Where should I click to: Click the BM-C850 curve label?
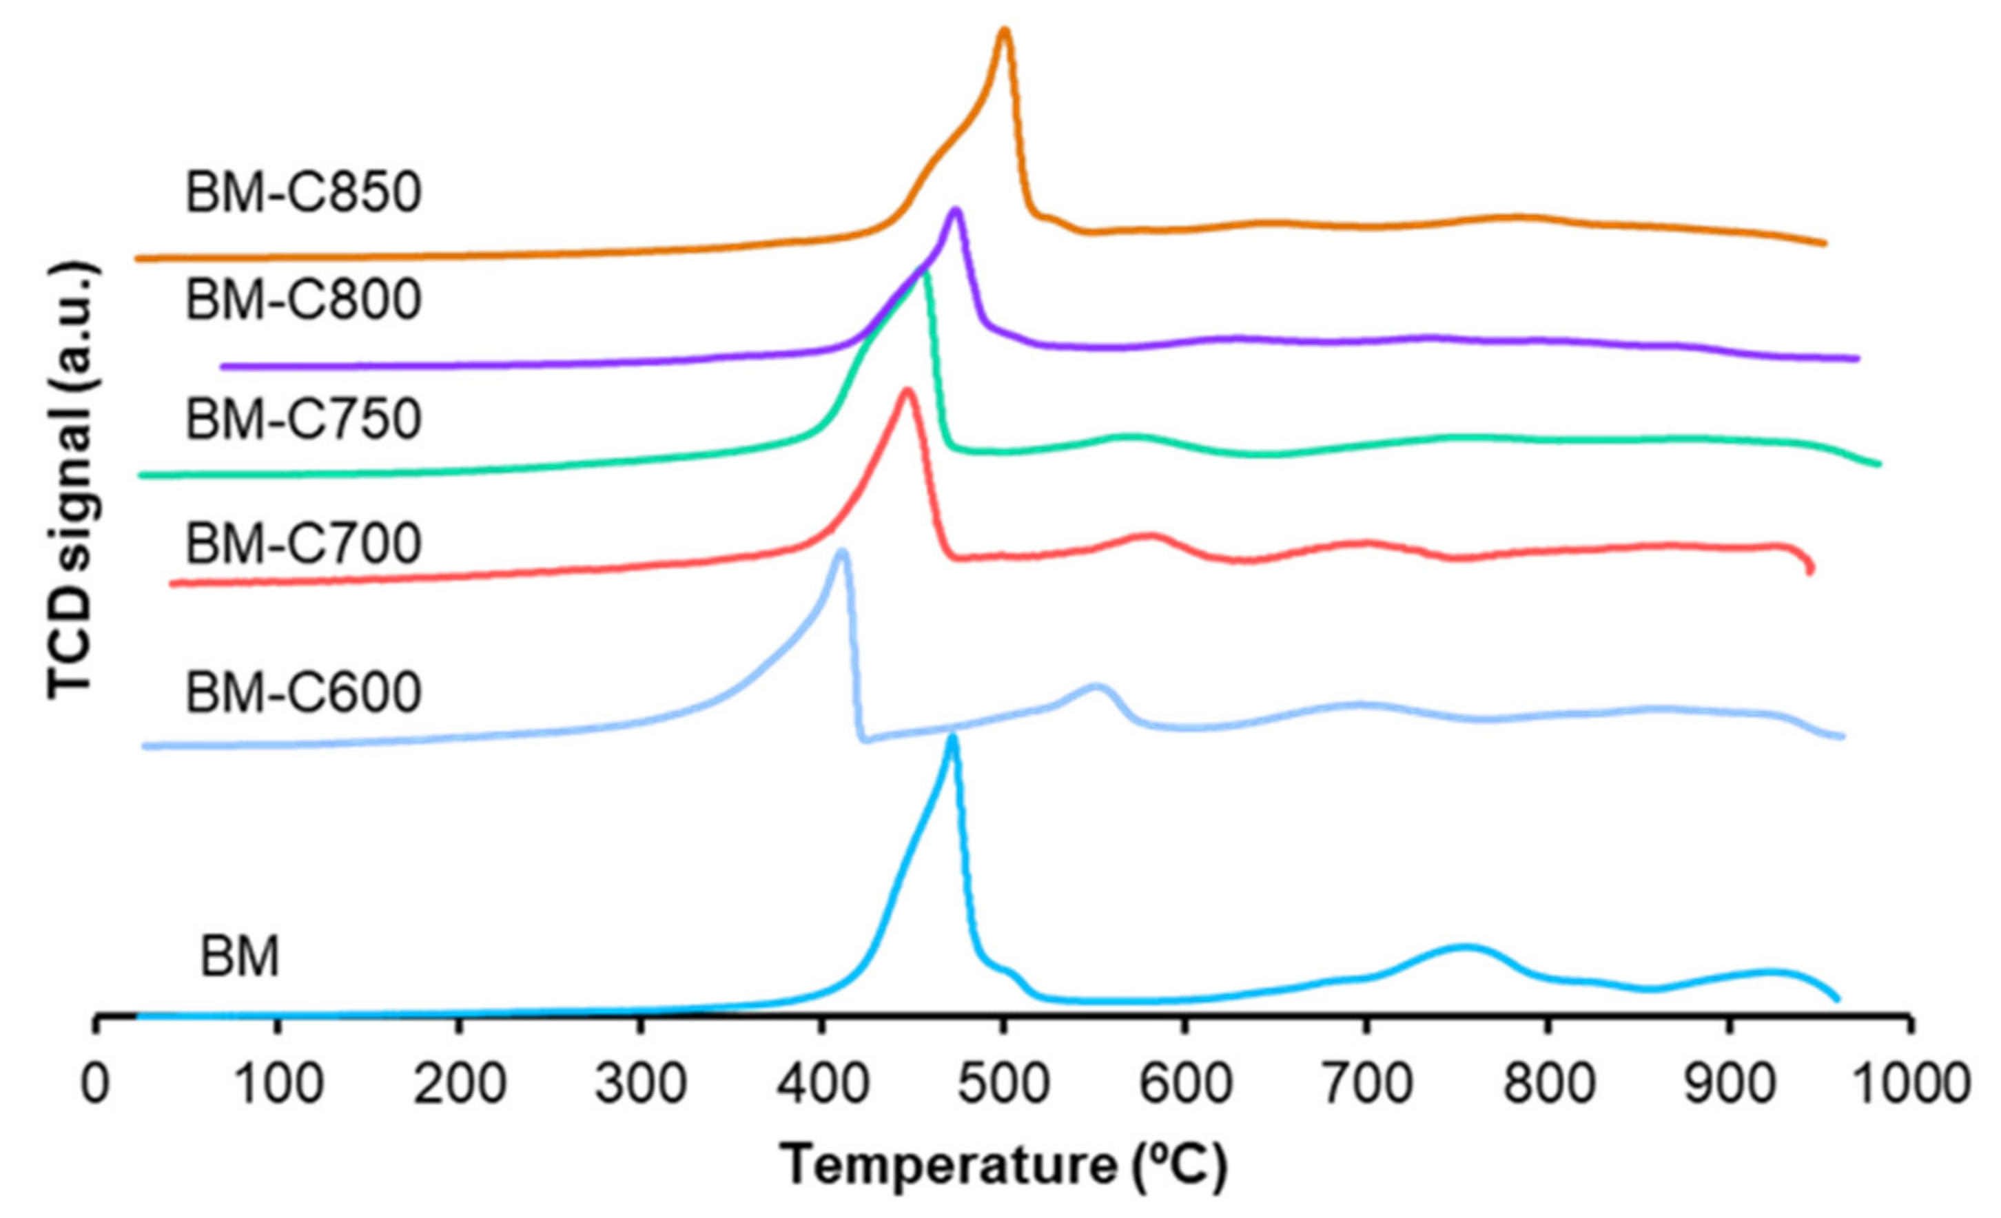[x=303, y=194]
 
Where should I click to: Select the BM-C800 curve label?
[x=303, y=300]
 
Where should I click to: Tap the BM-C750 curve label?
[x=303, y=420]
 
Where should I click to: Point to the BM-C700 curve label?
[x=303, y=544]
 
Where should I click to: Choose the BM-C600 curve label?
[x=303, y=692]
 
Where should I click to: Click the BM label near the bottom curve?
[x=240, y=956]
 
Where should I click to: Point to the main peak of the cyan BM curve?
[x=952, y=738]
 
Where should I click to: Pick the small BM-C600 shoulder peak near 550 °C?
[x=1097, y=688]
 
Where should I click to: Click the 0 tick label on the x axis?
[x=96, y=1084]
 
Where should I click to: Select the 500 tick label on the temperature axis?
[x=1004, y=1084]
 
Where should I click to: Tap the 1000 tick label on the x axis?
[x=1911, y=1084]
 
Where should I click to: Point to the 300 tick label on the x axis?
[x=642, y=1084]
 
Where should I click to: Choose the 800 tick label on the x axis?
[x=1549, y=1084]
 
